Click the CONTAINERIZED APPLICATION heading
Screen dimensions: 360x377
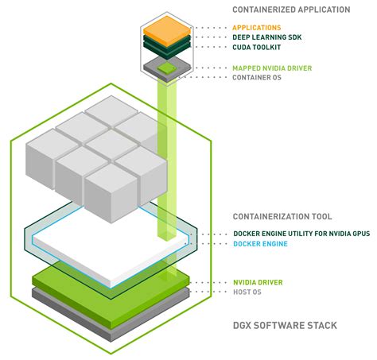290,10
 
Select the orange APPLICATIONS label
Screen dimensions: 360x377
256,28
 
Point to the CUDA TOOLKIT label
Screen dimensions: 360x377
258,47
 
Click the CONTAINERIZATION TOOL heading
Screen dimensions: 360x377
282,216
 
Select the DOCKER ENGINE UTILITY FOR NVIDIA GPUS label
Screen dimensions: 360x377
303,234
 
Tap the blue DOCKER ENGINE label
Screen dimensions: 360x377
260,244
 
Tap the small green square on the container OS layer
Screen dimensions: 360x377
166,70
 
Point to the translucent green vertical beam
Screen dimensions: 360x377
166,159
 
